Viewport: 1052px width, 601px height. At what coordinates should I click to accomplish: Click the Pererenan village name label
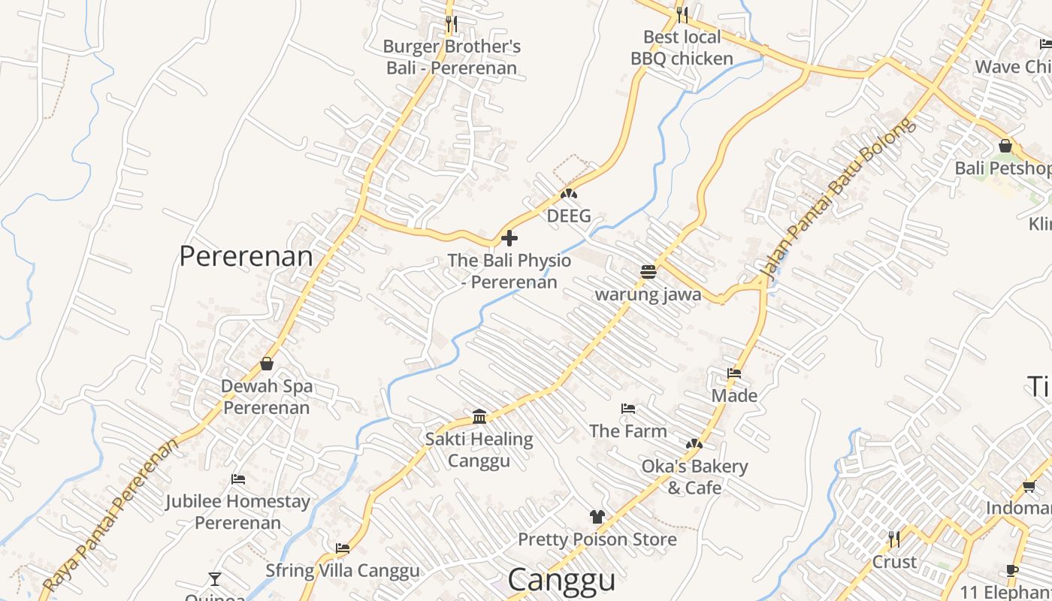tap(246, 256)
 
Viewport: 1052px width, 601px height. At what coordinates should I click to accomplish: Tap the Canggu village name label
tap(561, 579)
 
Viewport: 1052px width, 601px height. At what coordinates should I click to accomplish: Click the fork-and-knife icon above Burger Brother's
tap(451, 23)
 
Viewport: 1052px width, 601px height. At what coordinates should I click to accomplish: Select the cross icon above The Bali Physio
tap(509, 239)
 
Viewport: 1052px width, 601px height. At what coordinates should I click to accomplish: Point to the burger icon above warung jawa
tap(648, 271)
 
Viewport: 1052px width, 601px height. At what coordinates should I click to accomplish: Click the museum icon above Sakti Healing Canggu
tap(479, 416)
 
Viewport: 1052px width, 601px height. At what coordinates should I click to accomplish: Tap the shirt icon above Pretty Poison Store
tap(597, 516)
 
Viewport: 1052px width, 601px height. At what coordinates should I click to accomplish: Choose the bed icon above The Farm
tap(628, 409)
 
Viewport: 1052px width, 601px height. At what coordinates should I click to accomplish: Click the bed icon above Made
tap(734, 373)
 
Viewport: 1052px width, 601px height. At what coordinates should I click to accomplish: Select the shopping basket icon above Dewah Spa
tap(267, 364)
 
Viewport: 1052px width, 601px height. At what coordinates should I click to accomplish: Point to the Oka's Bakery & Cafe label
tap(694, 477)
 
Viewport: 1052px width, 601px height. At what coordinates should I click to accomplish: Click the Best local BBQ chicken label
tap(682, 48)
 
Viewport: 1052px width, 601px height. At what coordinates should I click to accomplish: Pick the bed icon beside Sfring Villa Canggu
tap(343, 548)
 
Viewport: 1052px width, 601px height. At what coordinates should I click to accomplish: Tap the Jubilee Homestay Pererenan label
tap(238, 512)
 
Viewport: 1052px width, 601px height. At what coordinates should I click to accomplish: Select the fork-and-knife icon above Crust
tap(894, 539)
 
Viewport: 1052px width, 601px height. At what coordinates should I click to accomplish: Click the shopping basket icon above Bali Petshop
tap(1005, 146)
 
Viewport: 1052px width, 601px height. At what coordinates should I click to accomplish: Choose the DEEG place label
tap(569, 216)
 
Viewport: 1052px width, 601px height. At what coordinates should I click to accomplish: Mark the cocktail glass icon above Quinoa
tap(215, 578)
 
